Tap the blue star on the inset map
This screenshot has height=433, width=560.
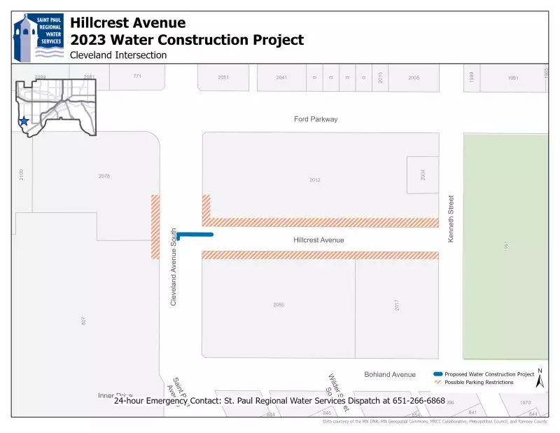(x=24, y=121)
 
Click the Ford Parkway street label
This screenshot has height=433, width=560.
(x=316, y=119)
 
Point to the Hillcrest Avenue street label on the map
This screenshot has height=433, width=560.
(x=318, y=240)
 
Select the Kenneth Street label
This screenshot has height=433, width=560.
(x=451, y=219)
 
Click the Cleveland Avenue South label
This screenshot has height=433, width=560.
(x=174, y=266)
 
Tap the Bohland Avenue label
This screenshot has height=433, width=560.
(x=390, y=375)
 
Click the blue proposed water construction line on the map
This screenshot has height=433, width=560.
(x=195, y=235)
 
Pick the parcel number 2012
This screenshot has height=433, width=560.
(x=315, y=180)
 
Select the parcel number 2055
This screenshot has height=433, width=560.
(x=279, y=305)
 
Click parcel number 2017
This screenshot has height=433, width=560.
(x=396, y=305)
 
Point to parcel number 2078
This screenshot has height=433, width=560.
(x=104, y=176)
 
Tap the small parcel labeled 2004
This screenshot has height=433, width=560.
(x=423, y=174)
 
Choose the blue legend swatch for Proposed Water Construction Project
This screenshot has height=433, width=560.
(x=437, y=374)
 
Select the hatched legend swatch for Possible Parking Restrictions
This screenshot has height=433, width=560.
(x=437, y=383)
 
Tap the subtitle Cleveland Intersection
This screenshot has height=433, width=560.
(x=118, y=55)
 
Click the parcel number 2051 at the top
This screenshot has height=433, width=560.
(x=223, y=77)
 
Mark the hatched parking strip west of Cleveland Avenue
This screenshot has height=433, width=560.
(x=155, y=226)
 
